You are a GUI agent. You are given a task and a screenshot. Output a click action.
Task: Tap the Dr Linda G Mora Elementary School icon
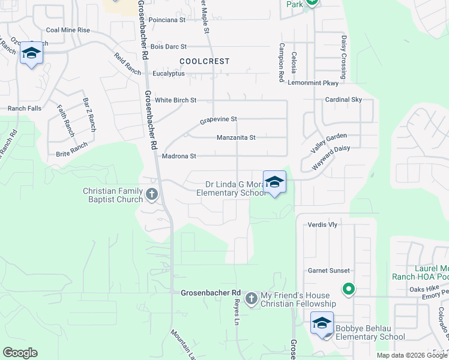(274, 182)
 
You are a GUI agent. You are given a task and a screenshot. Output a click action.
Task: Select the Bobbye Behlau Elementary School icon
(322, 323)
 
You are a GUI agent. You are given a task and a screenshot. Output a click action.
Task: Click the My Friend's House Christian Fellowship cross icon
(251, 298)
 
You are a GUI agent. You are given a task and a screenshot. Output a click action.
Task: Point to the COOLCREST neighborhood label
(204, 61)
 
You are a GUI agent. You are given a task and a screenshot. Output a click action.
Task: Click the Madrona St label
(179, 156)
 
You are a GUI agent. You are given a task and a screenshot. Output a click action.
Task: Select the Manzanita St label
(236, 137)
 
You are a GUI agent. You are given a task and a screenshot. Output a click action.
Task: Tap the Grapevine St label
(218, 119)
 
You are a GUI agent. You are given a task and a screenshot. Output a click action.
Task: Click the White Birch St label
(176, 100)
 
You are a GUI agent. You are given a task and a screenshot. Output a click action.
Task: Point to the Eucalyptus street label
(169, 73)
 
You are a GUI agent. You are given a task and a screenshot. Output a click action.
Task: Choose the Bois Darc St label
(169, 46)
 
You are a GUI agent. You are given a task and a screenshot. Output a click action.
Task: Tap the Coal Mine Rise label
(68, 30)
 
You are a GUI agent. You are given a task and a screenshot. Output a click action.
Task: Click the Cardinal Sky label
(343, 100)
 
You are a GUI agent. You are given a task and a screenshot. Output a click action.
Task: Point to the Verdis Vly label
(322, 224)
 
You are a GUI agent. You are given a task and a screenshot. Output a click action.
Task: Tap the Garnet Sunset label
(329, 271)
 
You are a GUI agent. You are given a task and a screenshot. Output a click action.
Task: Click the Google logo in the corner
(20, 353)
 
